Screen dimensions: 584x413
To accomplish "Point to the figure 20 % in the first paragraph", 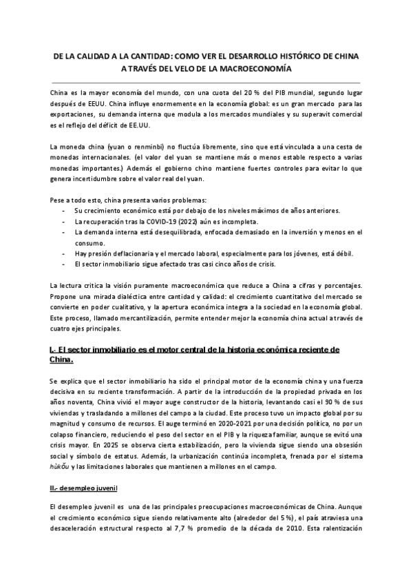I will tap(231, 92).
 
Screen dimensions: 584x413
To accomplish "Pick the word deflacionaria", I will tap(134, 253).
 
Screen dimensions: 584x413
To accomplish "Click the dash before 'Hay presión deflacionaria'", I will tap(64, 253).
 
